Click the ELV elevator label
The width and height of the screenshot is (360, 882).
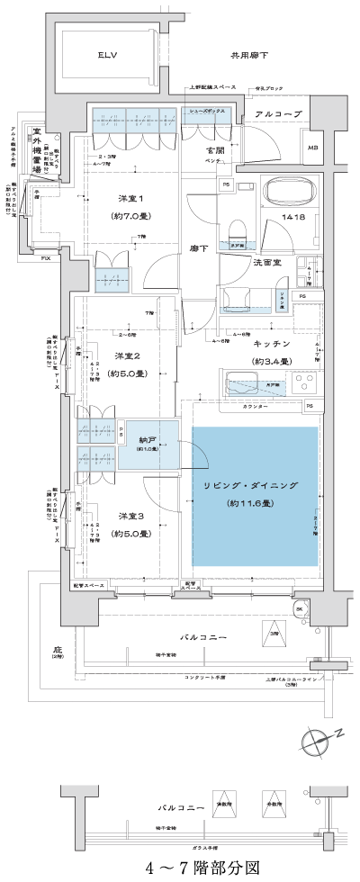pos(109,55)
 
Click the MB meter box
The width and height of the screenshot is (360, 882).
pos(312,148)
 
